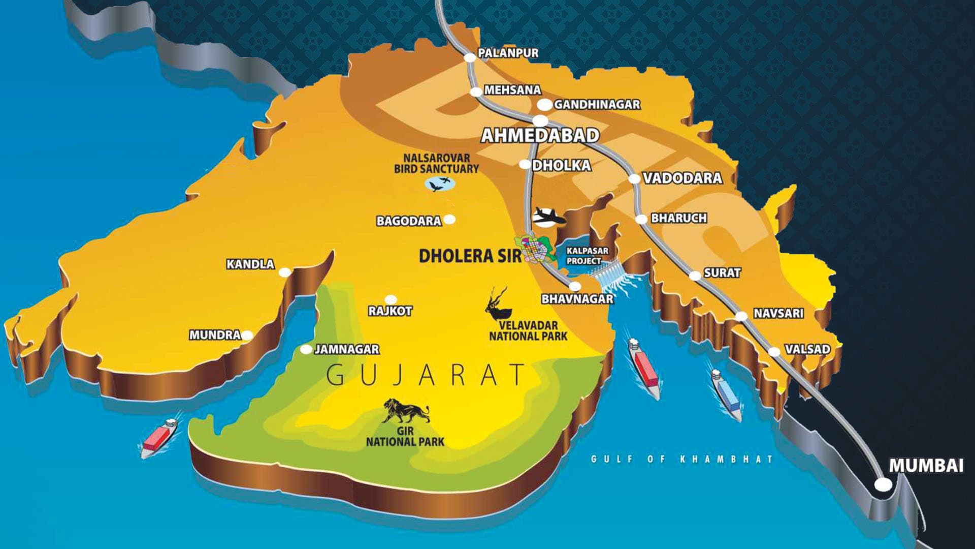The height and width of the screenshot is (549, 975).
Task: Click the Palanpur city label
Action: coord(508,53)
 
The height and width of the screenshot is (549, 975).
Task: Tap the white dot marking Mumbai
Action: coord(883,484)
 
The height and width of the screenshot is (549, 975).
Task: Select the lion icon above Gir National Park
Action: coord(406,411)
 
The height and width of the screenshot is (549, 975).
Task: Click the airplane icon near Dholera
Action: coord(548,216)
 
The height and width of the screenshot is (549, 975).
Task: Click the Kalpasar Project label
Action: coord(587,256)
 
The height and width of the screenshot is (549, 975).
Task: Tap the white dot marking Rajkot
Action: coord(391,299)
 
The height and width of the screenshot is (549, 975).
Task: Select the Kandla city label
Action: coord(250,264)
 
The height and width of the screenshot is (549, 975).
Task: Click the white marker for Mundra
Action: coord(247,335)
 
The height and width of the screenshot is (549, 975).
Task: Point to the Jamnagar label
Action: coord(347,350)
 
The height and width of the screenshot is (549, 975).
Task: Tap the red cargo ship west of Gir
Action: coord(158,438)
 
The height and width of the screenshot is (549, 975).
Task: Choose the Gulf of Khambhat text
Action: coord(682,459)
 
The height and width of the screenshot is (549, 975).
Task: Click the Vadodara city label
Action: coord(682,178)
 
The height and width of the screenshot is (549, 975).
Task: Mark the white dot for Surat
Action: coord(695,276)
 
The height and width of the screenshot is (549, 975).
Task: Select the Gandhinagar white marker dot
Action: coord(544,105)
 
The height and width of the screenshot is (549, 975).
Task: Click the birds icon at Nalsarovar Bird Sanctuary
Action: coord(440,184)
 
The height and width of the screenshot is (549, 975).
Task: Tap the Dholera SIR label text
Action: coord(470,256)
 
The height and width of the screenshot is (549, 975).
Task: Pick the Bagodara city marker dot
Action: coord(449,220)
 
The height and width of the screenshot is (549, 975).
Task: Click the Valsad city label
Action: coord(807,350)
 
